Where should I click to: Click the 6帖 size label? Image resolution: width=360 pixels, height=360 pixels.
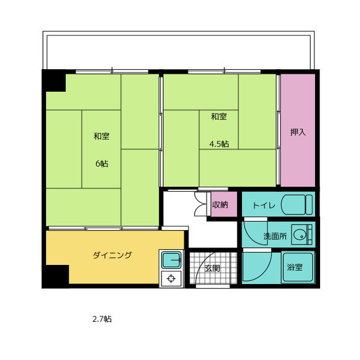(102, 164)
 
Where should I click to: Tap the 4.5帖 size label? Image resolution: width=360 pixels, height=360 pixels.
(219, 144)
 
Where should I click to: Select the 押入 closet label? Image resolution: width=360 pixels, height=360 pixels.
(298, 132)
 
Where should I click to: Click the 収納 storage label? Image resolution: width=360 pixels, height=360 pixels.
(220, 205)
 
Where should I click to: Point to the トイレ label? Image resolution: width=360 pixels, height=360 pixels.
(264, 205)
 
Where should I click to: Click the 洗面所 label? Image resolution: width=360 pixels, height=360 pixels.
(275, 236)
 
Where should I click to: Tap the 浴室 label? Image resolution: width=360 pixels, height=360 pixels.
(295, 267)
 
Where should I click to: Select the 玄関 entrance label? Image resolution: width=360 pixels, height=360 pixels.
(213, 268)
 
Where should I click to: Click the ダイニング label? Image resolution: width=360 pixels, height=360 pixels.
(112, 255)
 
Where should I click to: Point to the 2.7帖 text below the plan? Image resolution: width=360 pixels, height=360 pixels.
(102, 319)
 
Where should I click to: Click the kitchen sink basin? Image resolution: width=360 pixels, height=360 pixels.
(171, 260)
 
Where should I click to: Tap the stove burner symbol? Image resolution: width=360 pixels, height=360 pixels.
(171, 278)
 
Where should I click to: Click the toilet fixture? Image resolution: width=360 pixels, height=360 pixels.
(297, 205)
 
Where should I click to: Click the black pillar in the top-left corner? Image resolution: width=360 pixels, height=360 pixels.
(55, 81)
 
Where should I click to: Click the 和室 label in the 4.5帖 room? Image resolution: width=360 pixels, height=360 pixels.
(219, 116)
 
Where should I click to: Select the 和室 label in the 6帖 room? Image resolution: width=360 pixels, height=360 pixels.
(101, 136)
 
